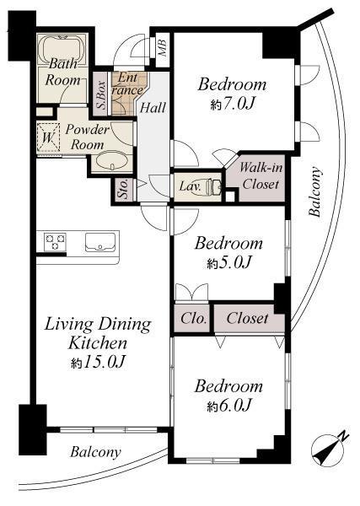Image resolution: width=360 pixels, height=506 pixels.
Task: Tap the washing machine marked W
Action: (x=48, y=139)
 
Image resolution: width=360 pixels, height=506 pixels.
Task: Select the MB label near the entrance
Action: (x=162, y=46)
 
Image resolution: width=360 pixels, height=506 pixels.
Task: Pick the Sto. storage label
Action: (x=122, y=190)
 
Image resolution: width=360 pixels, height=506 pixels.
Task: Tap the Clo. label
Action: (x=191, y=319)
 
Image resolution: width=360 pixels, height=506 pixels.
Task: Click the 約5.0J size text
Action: (x=228, y=264)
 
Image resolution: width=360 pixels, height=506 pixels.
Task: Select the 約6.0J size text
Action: (x=228, y=406)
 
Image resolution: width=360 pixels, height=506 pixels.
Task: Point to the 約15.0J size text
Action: (x=97, y=363)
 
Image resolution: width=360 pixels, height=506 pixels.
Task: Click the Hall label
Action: (x=153, y=107)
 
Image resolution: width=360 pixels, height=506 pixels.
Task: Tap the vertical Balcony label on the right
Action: (x=316, y=193)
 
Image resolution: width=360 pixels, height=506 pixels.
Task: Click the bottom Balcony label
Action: (x=94, y=452)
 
